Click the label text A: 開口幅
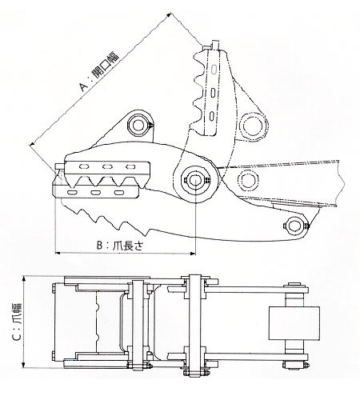(x=99, y=72)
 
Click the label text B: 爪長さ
(x=120, y=246)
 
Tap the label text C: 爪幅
(x=18, y=322)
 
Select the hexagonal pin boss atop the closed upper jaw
(x=138, y=125)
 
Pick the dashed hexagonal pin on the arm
(x=248, y=179)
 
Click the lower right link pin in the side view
(x=296, y=225)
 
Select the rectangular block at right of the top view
(x=294, y=323)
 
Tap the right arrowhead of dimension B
(x=193, y=254)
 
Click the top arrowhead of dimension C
(x=24, y=279)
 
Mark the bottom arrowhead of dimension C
(x=24, y=365)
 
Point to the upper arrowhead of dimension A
(x=170, y=15)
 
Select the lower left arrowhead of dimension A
(x=32, y=144)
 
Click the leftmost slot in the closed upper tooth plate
(x=84, y=166)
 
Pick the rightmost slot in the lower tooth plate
(x=119, y=192)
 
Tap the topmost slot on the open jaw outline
(x=214, y=69)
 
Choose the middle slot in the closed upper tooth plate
(x=107, y=167)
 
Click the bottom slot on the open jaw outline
(x=212, y=115)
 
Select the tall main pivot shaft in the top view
(x=194, y=326)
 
